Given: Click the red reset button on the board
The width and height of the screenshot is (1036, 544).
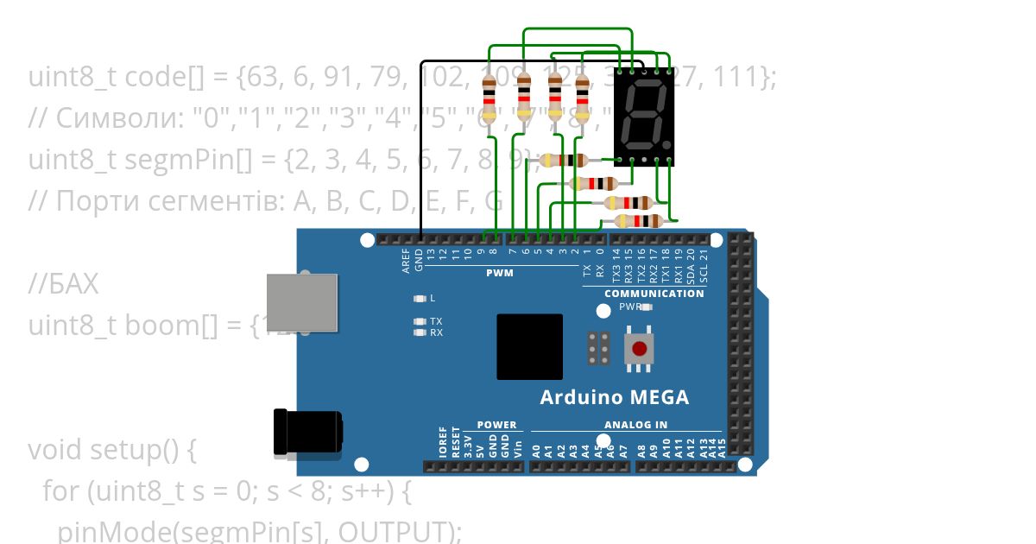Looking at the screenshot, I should (x=639, y=349).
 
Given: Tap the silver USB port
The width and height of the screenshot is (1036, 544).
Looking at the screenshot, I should (x=301, y=302).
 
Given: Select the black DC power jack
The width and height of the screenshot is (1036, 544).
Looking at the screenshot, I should (x=307, y=432).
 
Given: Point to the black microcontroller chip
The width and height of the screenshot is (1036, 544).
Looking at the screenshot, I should (x=529, y=346).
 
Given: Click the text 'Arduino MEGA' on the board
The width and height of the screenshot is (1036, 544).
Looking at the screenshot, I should (x=614, y=398).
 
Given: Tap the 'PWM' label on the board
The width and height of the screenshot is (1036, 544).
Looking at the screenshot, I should (x=499, y=273).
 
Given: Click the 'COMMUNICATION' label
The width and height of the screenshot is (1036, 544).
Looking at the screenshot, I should (x=654, y=294).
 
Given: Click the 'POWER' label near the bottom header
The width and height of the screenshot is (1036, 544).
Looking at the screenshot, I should (x=496, y=425).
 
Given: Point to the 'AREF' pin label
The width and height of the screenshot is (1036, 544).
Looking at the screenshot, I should (x=407, y=261).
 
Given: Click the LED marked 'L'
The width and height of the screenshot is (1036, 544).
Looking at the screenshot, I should (x=420, y=299).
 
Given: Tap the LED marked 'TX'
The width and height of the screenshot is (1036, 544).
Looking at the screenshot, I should (x=420, y=321).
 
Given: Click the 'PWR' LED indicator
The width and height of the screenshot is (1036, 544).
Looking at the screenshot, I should (x=647, y=307).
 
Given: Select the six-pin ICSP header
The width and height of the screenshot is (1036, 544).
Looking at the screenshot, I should (x=599, y=347).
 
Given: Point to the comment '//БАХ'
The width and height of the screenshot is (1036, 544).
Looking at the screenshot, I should (x=63, y=284).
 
